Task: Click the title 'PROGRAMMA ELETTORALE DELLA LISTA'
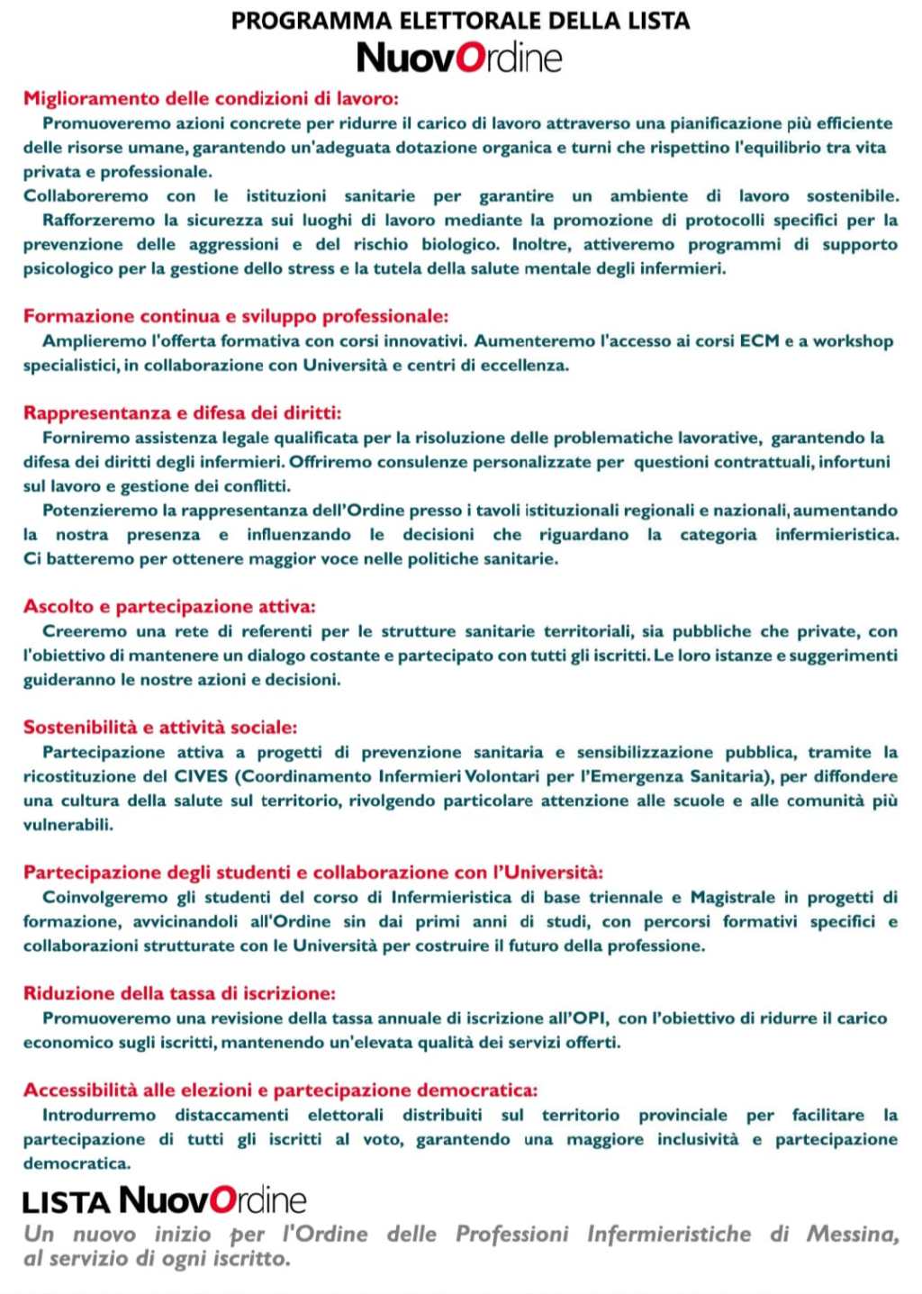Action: pyautogui.click(x=460, y=20)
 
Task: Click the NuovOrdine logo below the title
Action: pyautogui.click(x=459, y=59)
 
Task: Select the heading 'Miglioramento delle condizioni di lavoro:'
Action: pyautogui.click(x=211, y=98)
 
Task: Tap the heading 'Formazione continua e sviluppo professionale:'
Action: pyautogui.click(x=236, y=316)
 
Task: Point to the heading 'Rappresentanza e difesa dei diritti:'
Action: pyautogui.click(x=183, y=413)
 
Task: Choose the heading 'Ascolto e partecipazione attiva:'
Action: pyautogui.click(x=169, y=607)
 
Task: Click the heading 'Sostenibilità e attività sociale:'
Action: pyautogui.click(x=160, y=728)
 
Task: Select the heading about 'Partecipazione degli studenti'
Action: pyautogui.click(x=313, y=873)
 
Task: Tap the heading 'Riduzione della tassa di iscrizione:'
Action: pyautogui.click(x=179, y=994)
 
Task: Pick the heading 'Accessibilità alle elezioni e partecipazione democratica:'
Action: pyautogui.click(x=281, y=1090)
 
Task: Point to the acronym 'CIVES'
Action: pyautogui.click(x=201, y=776)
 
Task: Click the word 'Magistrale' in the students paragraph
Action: pyautogui.click(x=732, y=897)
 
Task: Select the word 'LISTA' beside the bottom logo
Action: pyautogui.click(x=67, y=1202)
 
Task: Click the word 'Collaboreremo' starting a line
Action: pyautogui.click(x=86, y=196)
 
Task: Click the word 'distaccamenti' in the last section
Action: pyautogui.click(x=231, y=1115)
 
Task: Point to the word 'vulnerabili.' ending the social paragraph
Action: pyautogui.click(x=68, y=825)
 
